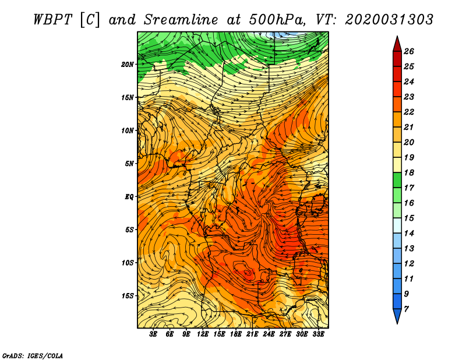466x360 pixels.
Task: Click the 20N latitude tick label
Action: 128,65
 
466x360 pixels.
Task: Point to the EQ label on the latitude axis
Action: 129,197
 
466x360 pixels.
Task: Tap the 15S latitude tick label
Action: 128,296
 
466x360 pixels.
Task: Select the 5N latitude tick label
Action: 129,164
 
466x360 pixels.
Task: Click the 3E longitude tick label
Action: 153,334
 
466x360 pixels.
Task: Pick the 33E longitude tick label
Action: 318,334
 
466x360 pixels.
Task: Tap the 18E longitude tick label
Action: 236,334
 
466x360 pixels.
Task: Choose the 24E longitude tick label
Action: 269,334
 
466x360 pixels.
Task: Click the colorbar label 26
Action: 409,51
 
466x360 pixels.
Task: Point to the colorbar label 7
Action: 406,309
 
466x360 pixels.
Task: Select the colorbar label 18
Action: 409,172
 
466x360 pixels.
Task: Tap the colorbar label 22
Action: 409,112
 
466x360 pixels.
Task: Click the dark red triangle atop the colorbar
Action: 397,45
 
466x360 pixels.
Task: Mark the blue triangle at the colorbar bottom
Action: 397,315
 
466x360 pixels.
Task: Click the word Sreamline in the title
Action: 181,20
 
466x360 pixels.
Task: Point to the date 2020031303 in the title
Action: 389,20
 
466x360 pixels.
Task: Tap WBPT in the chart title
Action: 52,20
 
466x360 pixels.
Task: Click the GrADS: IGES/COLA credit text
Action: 33,355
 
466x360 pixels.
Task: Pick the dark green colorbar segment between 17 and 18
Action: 397,180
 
